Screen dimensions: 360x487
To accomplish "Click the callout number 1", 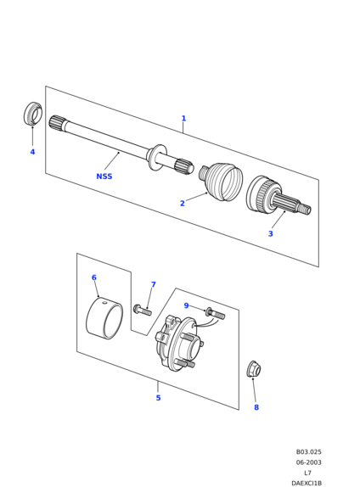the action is pos(183,118).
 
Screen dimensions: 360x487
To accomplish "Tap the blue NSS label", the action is pos(104,176).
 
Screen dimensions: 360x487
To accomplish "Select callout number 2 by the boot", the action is pos(183,203).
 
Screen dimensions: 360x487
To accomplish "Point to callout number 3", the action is pos(271,233).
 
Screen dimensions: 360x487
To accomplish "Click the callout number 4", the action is pos(32,152).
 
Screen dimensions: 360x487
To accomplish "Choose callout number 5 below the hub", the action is pos(158,398).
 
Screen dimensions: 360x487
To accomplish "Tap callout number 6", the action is pos(94,277).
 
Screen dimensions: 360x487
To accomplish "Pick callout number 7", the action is pos(153,284).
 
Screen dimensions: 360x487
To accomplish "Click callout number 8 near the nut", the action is pos(256,407).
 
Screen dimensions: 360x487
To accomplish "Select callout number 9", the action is pos(186,305).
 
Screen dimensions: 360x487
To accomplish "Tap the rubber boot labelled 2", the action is pos(222,181).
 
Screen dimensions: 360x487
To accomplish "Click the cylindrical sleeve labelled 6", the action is pos(104,318).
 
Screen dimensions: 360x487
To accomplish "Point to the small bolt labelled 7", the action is pos(143,310).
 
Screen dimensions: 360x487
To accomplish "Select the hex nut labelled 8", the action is pos(254,369).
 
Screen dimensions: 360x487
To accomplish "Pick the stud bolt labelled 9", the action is pos(215,314).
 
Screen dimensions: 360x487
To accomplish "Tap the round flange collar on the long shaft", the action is pos(155,157).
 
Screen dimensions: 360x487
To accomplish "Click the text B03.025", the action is pos(308,452).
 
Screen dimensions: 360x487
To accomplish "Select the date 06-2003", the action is pos(308,462).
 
